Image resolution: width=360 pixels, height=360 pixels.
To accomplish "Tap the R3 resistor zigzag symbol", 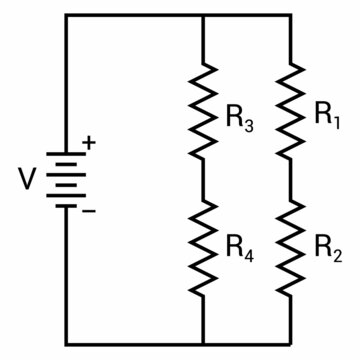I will click(x=203, y=112).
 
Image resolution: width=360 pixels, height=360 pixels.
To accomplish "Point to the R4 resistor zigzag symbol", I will click(x=203, y=247).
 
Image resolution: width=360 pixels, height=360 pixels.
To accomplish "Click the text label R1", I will click(x=328, y=116).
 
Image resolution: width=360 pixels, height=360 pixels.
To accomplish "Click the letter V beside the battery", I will click(x=27, y=181).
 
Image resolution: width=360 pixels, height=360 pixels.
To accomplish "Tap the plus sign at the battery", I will click(x=88, y=143).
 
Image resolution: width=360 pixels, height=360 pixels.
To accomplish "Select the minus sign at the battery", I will click(x=88, y=211).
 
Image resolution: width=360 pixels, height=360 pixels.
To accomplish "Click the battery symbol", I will click(x=66, y=180).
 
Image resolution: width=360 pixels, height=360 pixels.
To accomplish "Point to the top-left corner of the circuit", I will click(x=66, y=17).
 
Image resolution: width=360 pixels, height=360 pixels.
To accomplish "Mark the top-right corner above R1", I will click(x=290, y=17).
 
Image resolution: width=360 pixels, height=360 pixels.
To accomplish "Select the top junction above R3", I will click(x=203, y=17).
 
